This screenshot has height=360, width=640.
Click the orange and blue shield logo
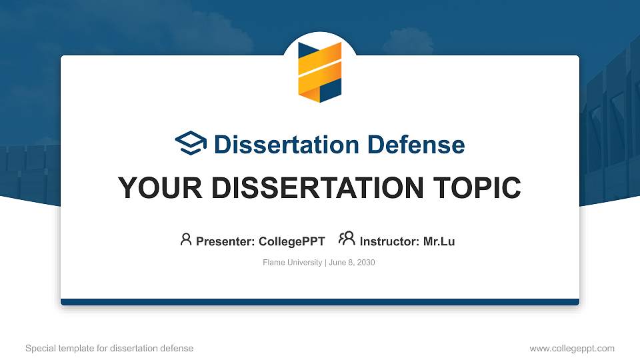coord(320,72)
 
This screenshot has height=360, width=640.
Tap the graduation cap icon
coord(191,143)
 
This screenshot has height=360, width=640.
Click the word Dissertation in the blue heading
coord(287,145)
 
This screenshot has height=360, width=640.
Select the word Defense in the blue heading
coord(416,145)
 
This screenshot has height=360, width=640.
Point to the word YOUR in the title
coord(160,188)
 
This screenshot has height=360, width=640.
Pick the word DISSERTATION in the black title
coord(317,188)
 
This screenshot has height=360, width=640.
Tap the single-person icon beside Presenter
coord(186,239)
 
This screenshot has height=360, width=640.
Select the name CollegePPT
coord(292,241)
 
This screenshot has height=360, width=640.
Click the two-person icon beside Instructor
coord(347,239)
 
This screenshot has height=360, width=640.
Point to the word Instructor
coord(389,241)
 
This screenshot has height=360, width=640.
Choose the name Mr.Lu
coord(439,241)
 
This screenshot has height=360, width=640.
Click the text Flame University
coord(292,263)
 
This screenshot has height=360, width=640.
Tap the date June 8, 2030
coord(352,263)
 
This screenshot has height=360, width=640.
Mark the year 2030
coord(366,263)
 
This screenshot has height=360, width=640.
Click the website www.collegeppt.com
coord(572,349)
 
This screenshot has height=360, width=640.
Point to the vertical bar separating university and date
coord(326,263)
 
